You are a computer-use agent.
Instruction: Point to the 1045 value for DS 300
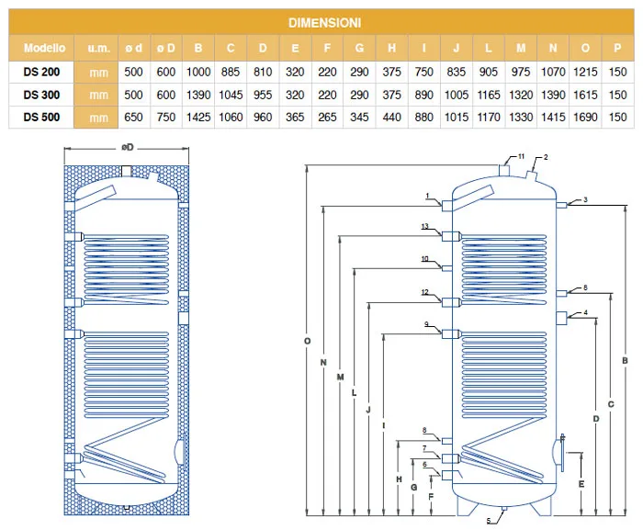tap(231, 93)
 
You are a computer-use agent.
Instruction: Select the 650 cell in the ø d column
tap(133, 117)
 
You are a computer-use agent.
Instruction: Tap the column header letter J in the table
tap(456, 47)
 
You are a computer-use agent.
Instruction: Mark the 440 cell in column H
tap(391, 117)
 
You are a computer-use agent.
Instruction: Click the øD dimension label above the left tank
tap(127, 147)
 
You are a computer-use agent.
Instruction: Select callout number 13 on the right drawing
tap(425, 226)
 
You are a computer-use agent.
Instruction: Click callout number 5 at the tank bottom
tap(489, 523)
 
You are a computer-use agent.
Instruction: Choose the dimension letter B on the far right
tap(625, 361)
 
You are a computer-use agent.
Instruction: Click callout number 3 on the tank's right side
tap(585, 200)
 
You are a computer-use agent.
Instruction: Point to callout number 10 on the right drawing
tap(425, 259)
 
